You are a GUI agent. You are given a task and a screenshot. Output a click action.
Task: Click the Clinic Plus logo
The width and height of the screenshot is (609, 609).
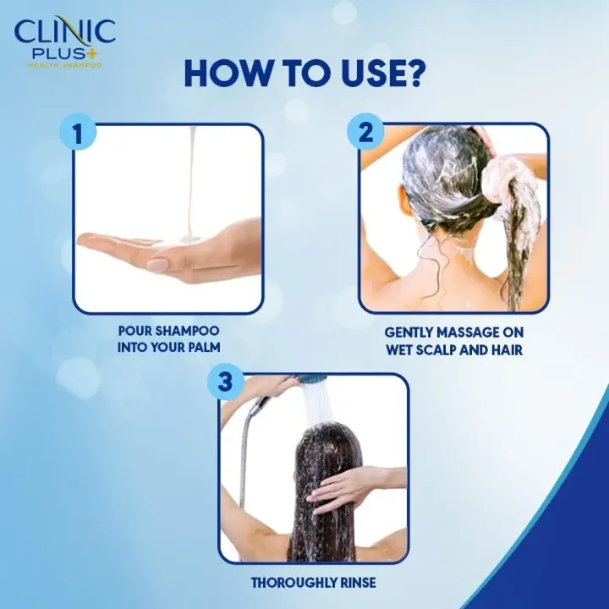coord(64,37)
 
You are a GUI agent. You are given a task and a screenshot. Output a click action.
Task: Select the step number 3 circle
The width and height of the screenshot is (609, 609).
coord(224,381)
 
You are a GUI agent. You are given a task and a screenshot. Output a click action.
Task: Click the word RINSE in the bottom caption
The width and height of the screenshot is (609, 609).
coord(355,582)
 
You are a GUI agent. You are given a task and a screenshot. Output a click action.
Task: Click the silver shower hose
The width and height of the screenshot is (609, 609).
coord(244,457)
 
